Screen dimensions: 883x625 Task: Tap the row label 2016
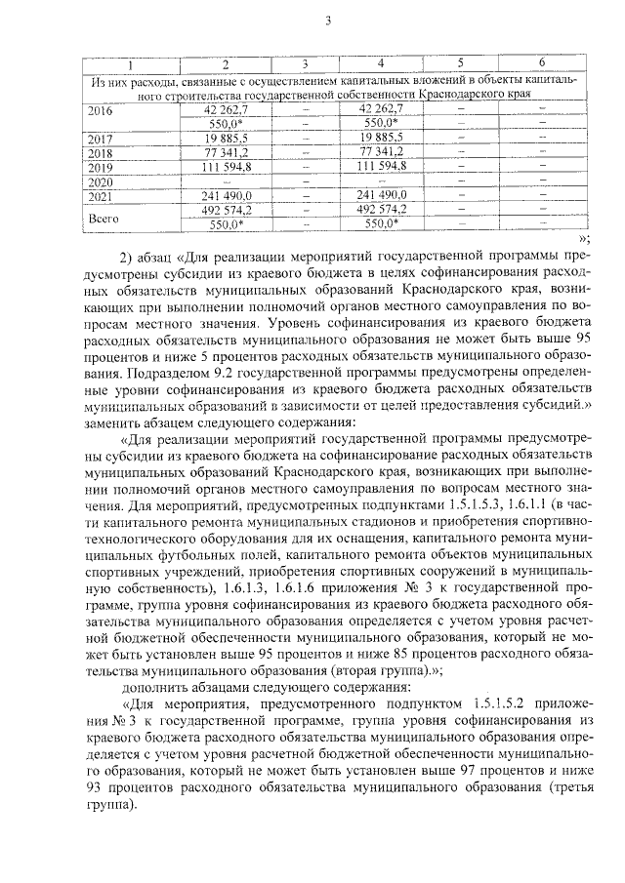(101, 110)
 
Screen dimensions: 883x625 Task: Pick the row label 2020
(101, 181)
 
